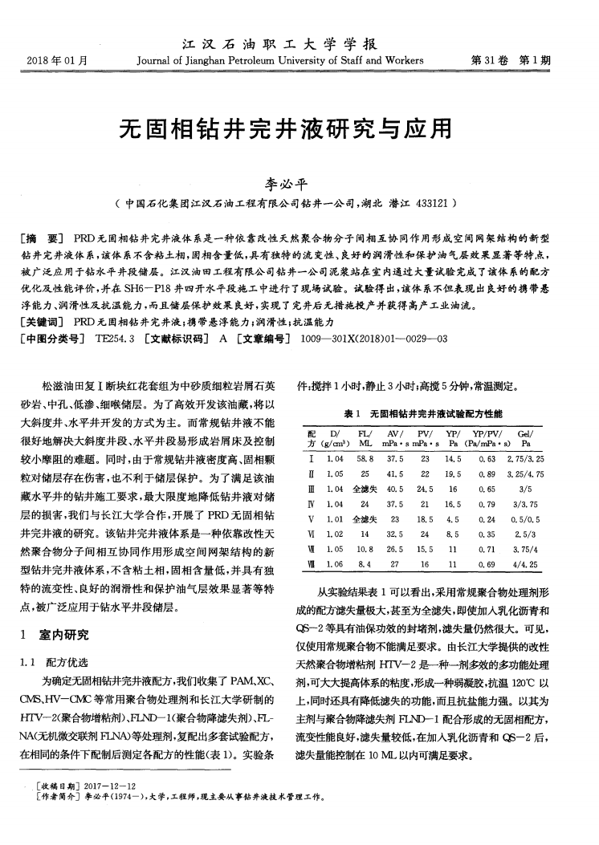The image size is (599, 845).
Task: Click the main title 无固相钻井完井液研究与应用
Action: click(299, 128)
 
